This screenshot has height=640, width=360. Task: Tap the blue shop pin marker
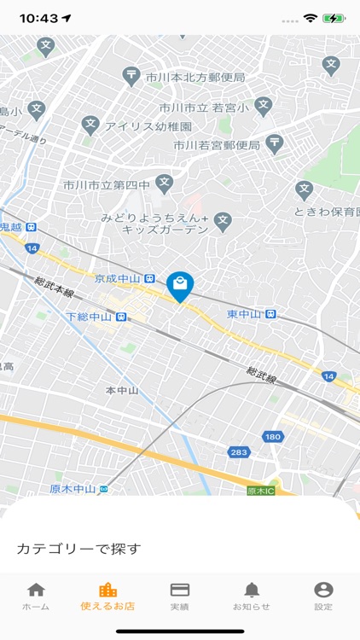180,286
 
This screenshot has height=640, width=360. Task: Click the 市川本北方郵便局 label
195,78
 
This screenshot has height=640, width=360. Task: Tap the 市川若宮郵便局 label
217,145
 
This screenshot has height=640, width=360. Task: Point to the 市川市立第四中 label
107,184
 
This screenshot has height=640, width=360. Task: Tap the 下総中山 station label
89,317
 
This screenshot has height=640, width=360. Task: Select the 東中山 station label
245,314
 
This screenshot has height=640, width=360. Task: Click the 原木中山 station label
73,489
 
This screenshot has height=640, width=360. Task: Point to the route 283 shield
240,452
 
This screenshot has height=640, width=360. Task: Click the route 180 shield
272,436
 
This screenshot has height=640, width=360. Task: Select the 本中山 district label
122,390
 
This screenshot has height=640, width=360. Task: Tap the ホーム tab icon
36,591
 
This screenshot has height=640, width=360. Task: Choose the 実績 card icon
179,591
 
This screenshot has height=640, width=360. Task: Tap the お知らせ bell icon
252,591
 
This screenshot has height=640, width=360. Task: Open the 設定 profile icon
323,591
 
